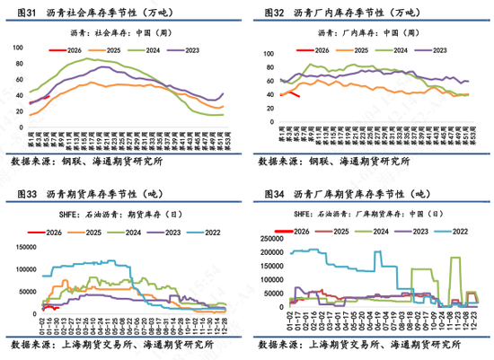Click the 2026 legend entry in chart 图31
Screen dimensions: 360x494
[x=77, y=51]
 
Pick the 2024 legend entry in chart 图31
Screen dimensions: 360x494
[x=151, y=51]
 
